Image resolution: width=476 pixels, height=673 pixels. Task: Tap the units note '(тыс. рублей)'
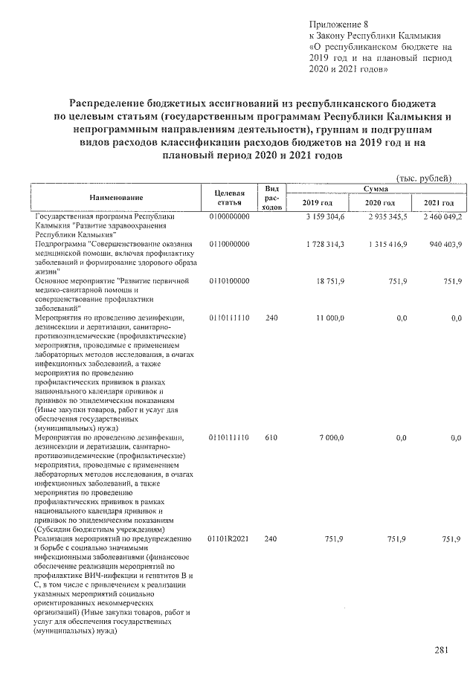pyautogui.click(x=425, y=178)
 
